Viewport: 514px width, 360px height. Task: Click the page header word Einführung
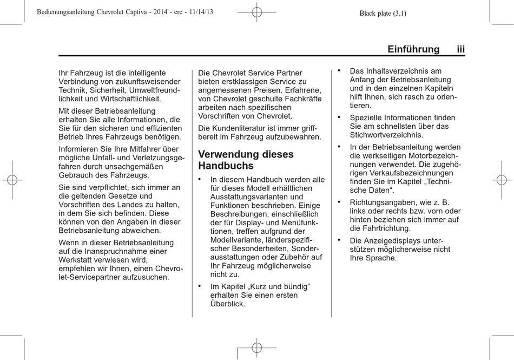pos(413,49)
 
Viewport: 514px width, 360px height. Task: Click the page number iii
pos(460,49)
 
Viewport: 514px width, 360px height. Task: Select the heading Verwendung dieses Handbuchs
pos(246,160)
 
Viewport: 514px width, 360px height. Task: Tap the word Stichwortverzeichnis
pos(386,135)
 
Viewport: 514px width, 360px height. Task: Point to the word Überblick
pos(227,304)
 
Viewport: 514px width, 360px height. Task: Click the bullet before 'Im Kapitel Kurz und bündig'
pos(200,285)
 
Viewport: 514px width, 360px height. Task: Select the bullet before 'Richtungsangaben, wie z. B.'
pos(339,201)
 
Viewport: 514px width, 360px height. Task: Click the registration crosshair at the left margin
pos(12,180)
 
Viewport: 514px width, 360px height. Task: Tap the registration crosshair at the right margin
pos(502,180)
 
